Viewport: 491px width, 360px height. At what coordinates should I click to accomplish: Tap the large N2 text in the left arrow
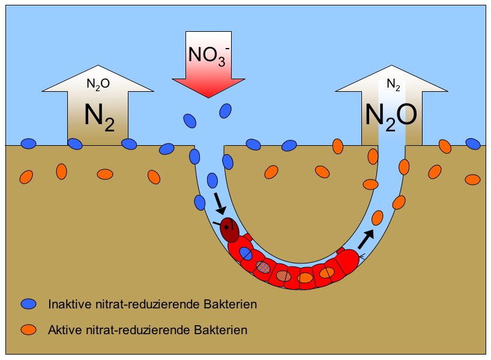tap(100, 118)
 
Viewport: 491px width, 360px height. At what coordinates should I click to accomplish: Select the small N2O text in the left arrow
tap(98, 84)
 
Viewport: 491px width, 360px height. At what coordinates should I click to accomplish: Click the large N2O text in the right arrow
tap(391, 116)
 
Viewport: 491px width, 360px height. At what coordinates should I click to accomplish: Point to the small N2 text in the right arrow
tap(393, 85)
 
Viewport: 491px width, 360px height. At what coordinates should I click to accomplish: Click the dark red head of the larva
tap(229, 230)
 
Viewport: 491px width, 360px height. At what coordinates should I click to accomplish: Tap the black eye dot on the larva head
tap(226, 228)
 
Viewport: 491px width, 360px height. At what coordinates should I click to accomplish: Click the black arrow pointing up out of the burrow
tap(366, 239)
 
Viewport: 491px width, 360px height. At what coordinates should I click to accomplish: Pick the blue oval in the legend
tap(28, 304)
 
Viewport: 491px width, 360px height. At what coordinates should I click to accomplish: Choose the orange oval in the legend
tap(28, 329)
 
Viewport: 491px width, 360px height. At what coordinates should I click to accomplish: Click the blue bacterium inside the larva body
tap(245, 253)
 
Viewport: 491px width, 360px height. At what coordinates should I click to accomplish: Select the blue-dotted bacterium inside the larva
tap(263, 267)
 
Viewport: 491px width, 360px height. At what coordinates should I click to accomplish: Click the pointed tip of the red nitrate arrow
tap(208, 98)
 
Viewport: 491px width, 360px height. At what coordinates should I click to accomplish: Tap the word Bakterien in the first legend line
tap(230, 304)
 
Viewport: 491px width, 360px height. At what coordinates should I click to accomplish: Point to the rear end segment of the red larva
tap(348, 262)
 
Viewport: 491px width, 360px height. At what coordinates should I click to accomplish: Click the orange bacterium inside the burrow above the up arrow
tap(378, 218)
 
